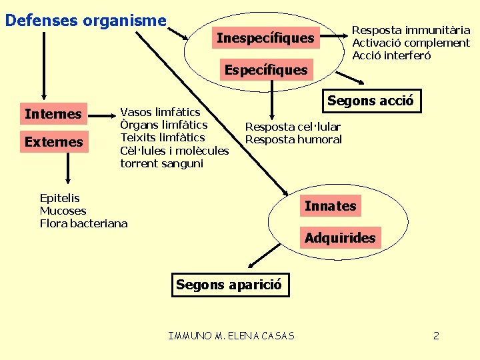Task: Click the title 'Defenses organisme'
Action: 85,21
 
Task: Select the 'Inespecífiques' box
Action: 265,39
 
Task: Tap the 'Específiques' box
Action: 266,70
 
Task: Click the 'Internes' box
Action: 53,114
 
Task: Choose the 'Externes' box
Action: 53,142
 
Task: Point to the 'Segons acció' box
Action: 370,101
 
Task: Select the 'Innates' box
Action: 330,206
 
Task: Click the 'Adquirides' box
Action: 340,238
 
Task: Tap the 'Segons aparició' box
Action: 229,285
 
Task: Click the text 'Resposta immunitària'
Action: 411,30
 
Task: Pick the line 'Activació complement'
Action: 411,43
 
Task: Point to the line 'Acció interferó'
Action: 391,55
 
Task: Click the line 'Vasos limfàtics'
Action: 160,112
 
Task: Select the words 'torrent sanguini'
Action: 162,163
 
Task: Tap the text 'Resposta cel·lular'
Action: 293,127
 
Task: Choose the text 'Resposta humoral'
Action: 293,139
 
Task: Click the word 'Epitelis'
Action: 60,198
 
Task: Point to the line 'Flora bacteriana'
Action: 83,223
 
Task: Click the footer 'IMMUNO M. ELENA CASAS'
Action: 231,335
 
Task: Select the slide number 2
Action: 436,335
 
